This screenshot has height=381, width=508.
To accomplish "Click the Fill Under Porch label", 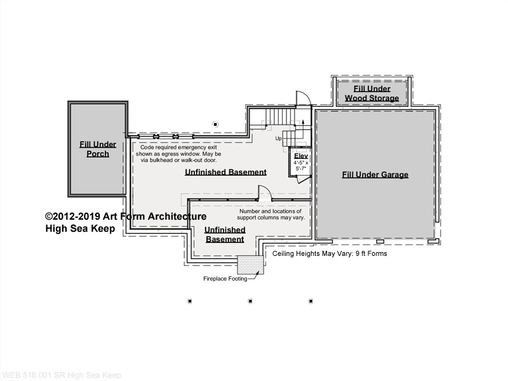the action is (x=98, y=149).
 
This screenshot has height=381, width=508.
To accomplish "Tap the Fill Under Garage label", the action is (x=375, y=175).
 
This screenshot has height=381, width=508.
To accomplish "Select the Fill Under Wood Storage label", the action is (x=371, y=93).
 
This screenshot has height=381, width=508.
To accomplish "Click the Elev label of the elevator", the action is (x=301, y=156).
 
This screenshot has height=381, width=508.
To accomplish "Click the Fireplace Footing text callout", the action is (x=225, y=279).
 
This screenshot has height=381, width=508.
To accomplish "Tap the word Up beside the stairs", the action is (x=279, y=138).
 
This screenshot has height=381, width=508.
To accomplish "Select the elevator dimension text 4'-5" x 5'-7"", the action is (x=301, y=166).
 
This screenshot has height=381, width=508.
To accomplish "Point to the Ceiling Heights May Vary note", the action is (x=330, y=253).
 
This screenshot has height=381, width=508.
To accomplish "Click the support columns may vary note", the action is (x=271, y=215).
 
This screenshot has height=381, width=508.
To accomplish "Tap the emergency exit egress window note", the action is (x=178, y=154).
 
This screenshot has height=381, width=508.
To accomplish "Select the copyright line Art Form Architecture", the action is (x=126, y=217).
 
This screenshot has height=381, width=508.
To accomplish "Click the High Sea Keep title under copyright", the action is (x=80, y=229).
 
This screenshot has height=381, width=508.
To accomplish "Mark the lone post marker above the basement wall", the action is (x=215, y=124).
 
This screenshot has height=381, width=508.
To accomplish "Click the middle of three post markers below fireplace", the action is (x=250, y=301).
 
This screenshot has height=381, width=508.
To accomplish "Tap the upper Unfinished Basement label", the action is (x=226, y=172).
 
